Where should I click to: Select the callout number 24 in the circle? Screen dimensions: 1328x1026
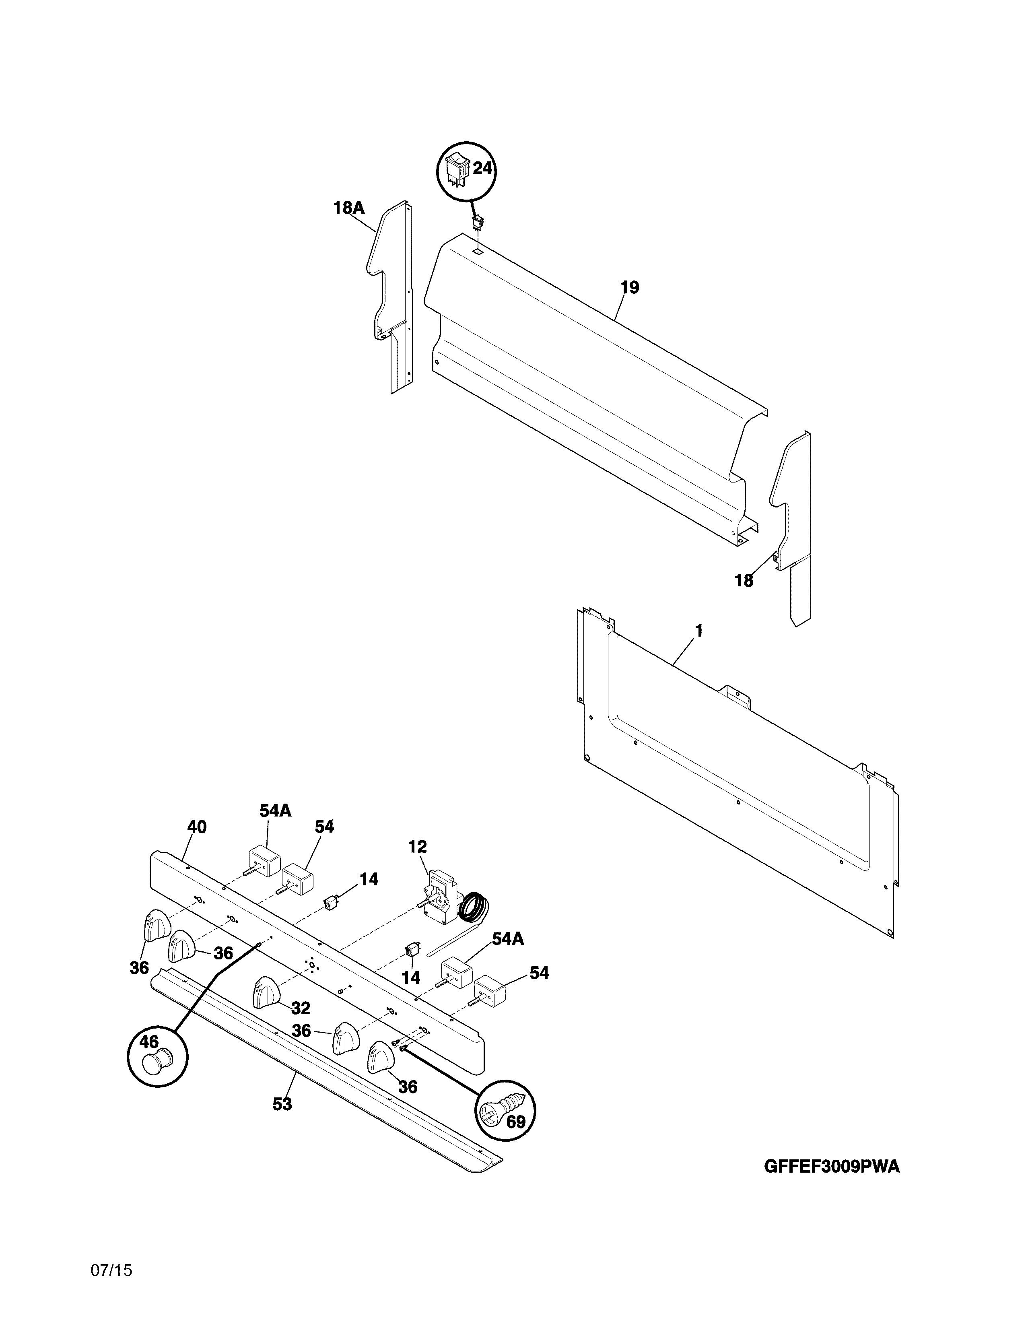point(482,169)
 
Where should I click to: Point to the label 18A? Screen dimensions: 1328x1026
point(348,208)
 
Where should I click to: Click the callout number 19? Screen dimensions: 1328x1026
point(630,288)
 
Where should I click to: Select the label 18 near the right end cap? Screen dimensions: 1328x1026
point(744,581)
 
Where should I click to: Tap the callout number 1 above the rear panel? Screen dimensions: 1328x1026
point(698,631)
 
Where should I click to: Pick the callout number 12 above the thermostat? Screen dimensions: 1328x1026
point(418,846)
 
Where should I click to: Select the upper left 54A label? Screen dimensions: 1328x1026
point(275,810)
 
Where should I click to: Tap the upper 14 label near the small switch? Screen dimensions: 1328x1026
point(368,879)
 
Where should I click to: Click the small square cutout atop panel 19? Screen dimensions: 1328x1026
point(478,250)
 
